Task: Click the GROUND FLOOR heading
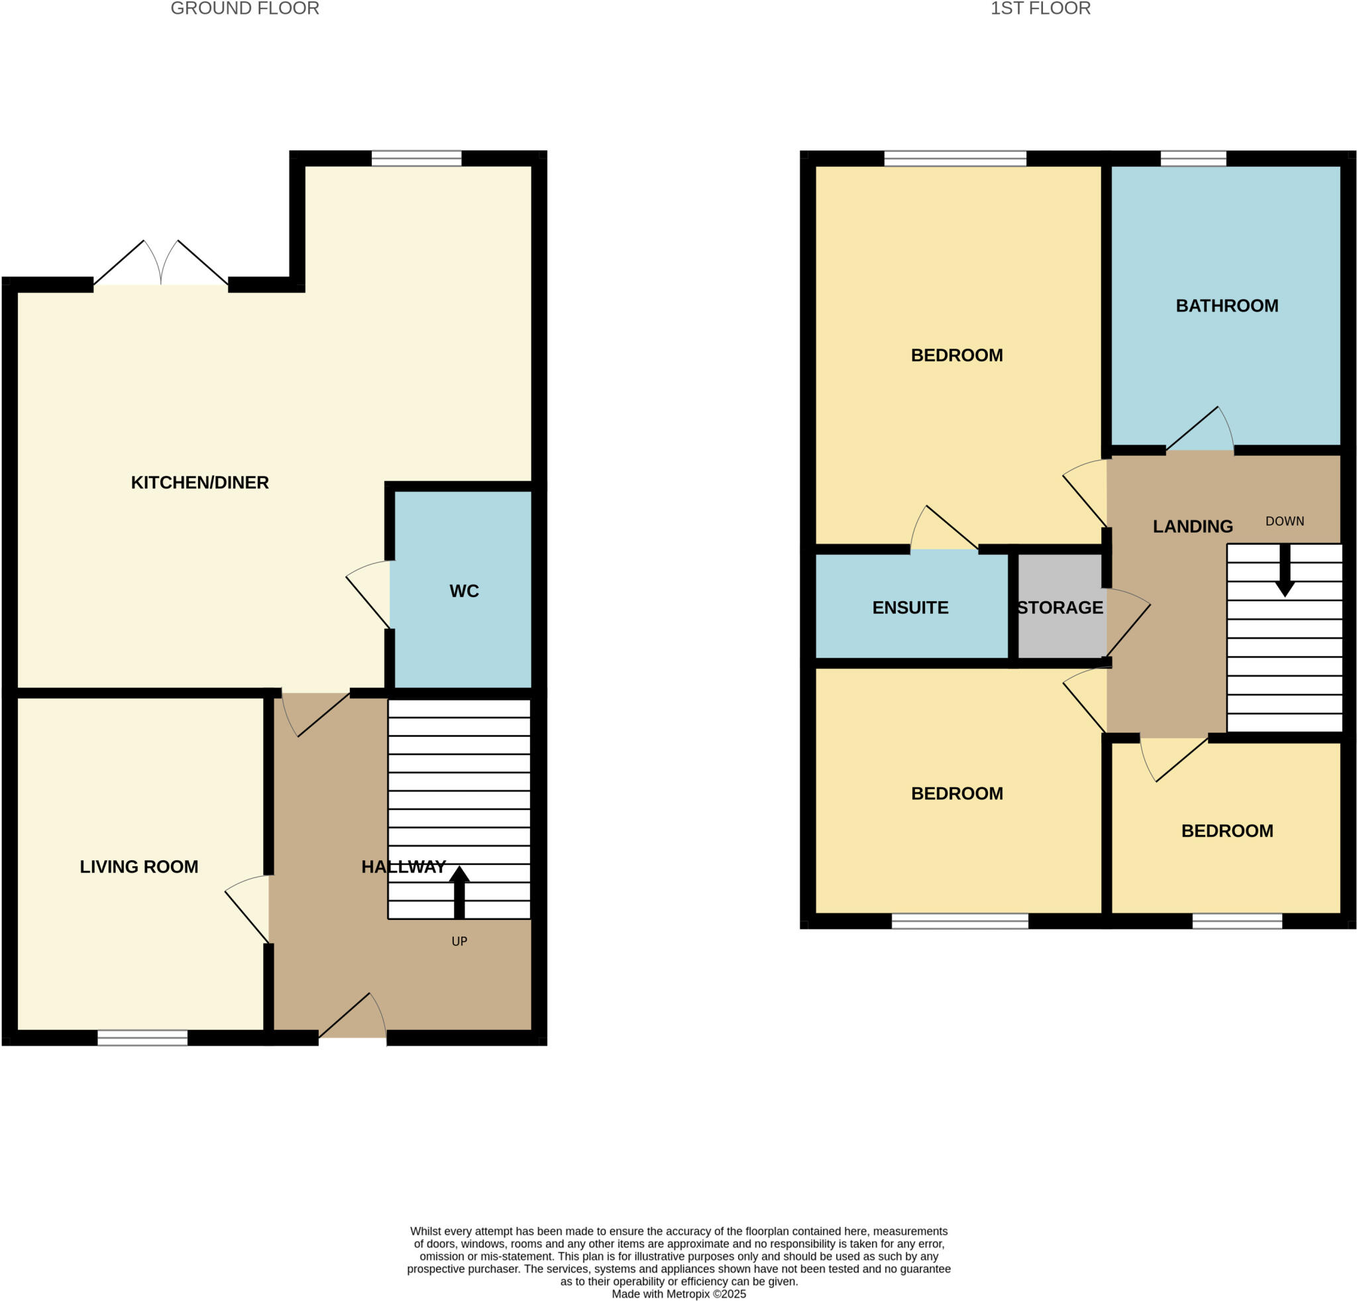(x=244, y=9)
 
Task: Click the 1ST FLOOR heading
(x=1040, y=9)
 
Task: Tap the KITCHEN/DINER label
(x=199, y=482)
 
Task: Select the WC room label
(x=464, y=591)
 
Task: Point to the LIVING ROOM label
(x=138, y=867)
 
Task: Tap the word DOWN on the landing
(x=1284, y=522)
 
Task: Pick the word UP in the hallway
(x=459, y=942)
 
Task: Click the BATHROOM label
(x=1227, y=306)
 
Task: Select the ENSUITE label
(x=910, y=608)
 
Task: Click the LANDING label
(x=1192, y=527)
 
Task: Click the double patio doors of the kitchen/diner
(x=160, y=266)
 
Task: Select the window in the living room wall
(x=142, y=1037)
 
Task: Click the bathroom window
(x=1193, y=158)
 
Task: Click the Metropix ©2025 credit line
(x=678, y=1294)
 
